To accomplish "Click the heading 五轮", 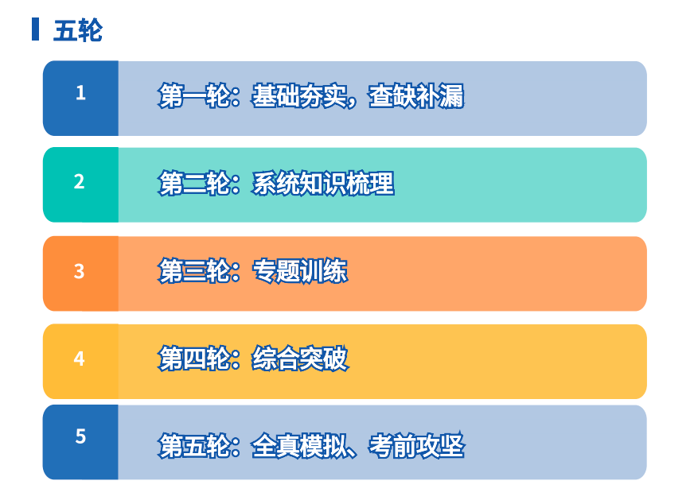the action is pos(78,30).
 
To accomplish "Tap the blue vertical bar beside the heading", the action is pos(35,29).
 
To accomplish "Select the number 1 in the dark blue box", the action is pos(80,93).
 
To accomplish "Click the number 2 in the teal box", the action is pos(80,181).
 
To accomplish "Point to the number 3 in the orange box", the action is pos(80,271).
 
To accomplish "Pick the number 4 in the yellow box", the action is pos(80,359).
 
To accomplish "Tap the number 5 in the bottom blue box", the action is pos(80,436).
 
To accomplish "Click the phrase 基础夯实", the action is pos(299,95).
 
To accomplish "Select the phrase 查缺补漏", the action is pos(416,95).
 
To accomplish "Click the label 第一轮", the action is pos(194,95).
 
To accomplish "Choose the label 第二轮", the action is pos(194,183).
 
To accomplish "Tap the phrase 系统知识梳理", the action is pos(322,183).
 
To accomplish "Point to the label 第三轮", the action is pos(194,270).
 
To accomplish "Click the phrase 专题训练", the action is pos(299,270).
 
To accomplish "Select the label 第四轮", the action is pos(194,358).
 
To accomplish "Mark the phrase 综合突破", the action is pos(300,358).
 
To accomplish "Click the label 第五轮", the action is pos(194,446).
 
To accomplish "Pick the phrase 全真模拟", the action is pos(299,446).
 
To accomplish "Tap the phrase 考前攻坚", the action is pos(416,446).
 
